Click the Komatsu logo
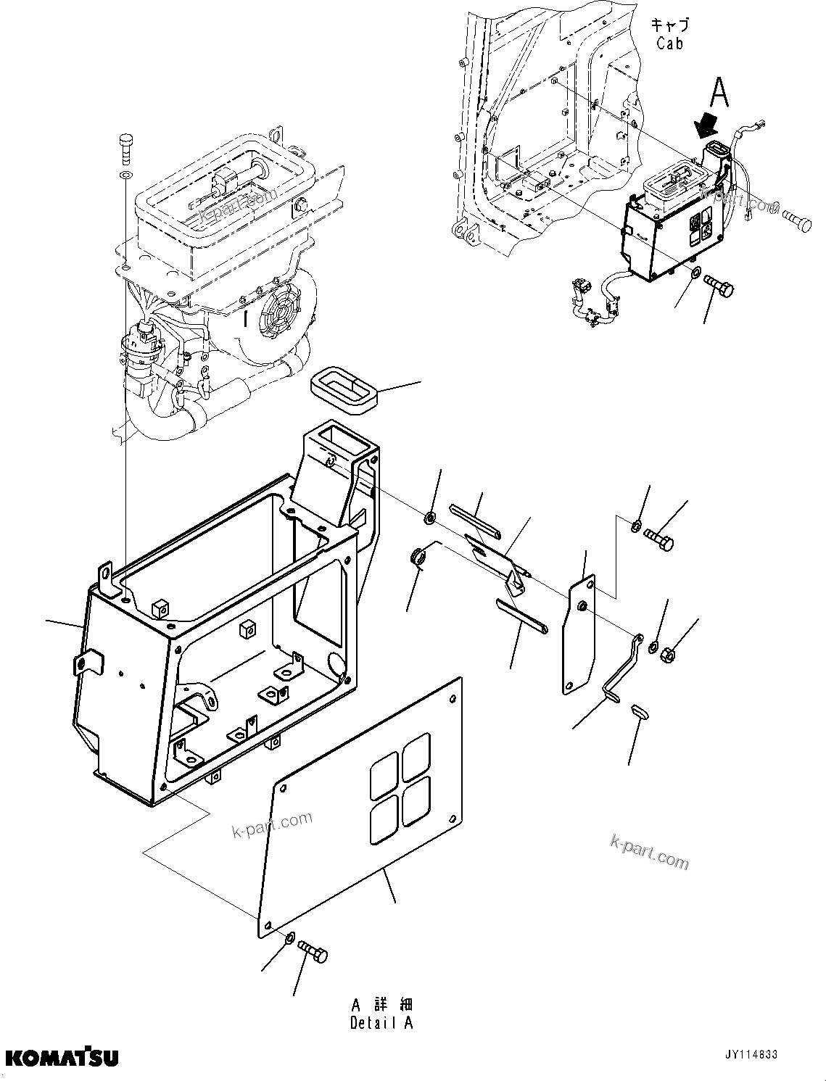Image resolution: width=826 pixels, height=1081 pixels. pos(61,1057)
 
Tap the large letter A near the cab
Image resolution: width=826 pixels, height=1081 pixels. pos(718,93)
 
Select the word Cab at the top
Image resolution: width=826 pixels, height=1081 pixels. pos(669,44)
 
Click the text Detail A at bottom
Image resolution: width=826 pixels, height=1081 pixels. pos(381,1023)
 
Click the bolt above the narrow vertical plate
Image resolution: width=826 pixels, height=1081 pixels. pos(658,539)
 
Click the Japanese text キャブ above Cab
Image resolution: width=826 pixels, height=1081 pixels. pos(669,25)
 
